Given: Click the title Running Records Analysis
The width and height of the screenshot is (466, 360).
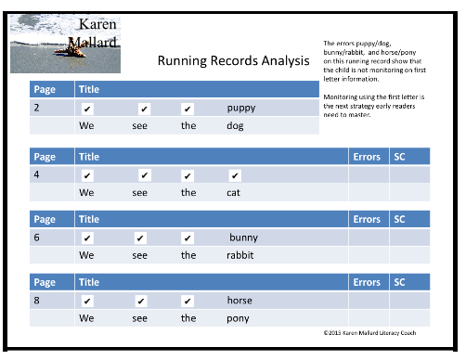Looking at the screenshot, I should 233,61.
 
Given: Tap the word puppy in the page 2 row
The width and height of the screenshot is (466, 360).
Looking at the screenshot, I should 240,108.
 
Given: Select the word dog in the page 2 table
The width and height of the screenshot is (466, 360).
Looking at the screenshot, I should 235,126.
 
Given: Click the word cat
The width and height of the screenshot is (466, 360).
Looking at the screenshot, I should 234,193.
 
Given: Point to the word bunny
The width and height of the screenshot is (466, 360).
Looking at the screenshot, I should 243,238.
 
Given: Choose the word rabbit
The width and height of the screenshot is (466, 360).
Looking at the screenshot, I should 239,255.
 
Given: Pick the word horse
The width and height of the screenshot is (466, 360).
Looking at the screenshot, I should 239,301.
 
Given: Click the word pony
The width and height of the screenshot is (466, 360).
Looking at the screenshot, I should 239,318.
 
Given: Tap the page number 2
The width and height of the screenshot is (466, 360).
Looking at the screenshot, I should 36,108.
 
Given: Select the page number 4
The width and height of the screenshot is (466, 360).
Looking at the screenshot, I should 36,174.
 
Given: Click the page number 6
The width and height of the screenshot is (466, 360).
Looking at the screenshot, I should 36,238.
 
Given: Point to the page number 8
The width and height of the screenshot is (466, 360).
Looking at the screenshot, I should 36,301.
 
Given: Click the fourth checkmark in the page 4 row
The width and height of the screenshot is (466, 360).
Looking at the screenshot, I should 235,174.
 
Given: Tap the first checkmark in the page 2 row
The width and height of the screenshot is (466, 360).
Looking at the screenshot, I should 87,109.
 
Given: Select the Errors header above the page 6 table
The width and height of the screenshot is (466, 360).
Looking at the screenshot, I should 367,220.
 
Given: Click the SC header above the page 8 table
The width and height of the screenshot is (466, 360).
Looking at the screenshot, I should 399,282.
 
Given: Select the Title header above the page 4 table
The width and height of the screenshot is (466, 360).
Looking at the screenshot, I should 89,157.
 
